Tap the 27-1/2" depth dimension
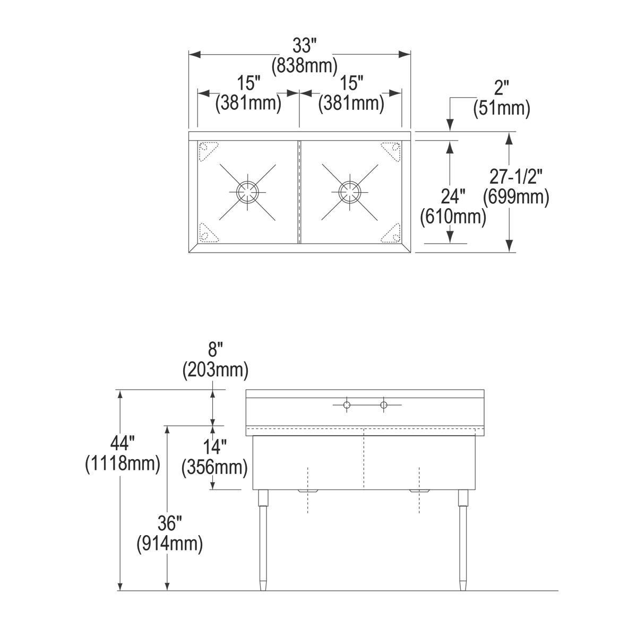click(515, 176)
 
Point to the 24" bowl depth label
click(453, 197)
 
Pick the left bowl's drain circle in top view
click(247, 192)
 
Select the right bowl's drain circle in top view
click(349, 192)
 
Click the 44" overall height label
click(122, 443)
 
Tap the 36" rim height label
click(169, 524)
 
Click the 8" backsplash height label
click(215, 350)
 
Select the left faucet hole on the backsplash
click(346, 406)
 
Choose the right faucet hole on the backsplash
click(383, 406)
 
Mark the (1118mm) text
click(122, 463)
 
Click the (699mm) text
click(515, 197)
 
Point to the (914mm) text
click(169, 544)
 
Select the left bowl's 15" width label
click(248, 83)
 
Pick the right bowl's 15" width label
click(351, 83)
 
